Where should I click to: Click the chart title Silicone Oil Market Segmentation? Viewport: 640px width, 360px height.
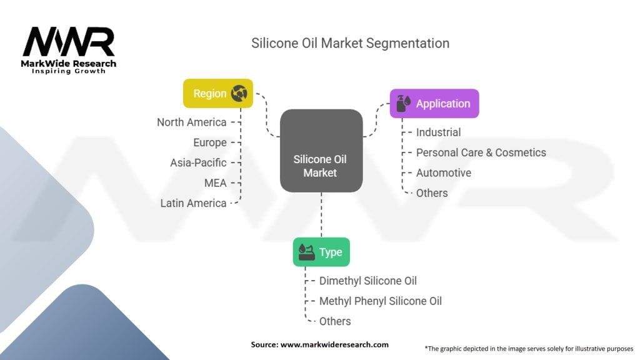coord(350,43)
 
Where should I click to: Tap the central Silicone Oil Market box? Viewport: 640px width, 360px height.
coord(321,151)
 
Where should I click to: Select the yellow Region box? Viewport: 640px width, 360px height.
coord(217,94)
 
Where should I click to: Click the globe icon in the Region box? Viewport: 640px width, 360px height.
coord(239,94)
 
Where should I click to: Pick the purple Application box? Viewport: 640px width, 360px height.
coord(434,104)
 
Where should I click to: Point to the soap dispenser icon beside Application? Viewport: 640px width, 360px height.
coord(403,104)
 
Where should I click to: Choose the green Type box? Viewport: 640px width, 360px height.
coord(321,252)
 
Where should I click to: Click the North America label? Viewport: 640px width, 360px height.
coord(191,122)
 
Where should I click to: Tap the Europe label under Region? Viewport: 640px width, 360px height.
coord(209,142)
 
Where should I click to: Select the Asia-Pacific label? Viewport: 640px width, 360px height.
coord(198,162)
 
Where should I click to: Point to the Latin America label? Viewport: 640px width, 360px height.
coord(193,203)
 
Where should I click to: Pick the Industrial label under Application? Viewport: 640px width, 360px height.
coord(438,132)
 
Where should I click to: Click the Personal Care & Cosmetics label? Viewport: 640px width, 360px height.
coord(481,152)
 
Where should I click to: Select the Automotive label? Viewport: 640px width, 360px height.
coord(443,172)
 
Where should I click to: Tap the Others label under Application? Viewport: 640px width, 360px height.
coord(432,193)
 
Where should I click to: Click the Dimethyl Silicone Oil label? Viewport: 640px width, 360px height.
coord(367,281)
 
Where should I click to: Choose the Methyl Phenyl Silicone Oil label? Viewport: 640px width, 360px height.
coord(380,301)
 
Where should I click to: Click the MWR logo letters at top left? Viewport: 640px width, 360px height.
coord(69,42)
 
